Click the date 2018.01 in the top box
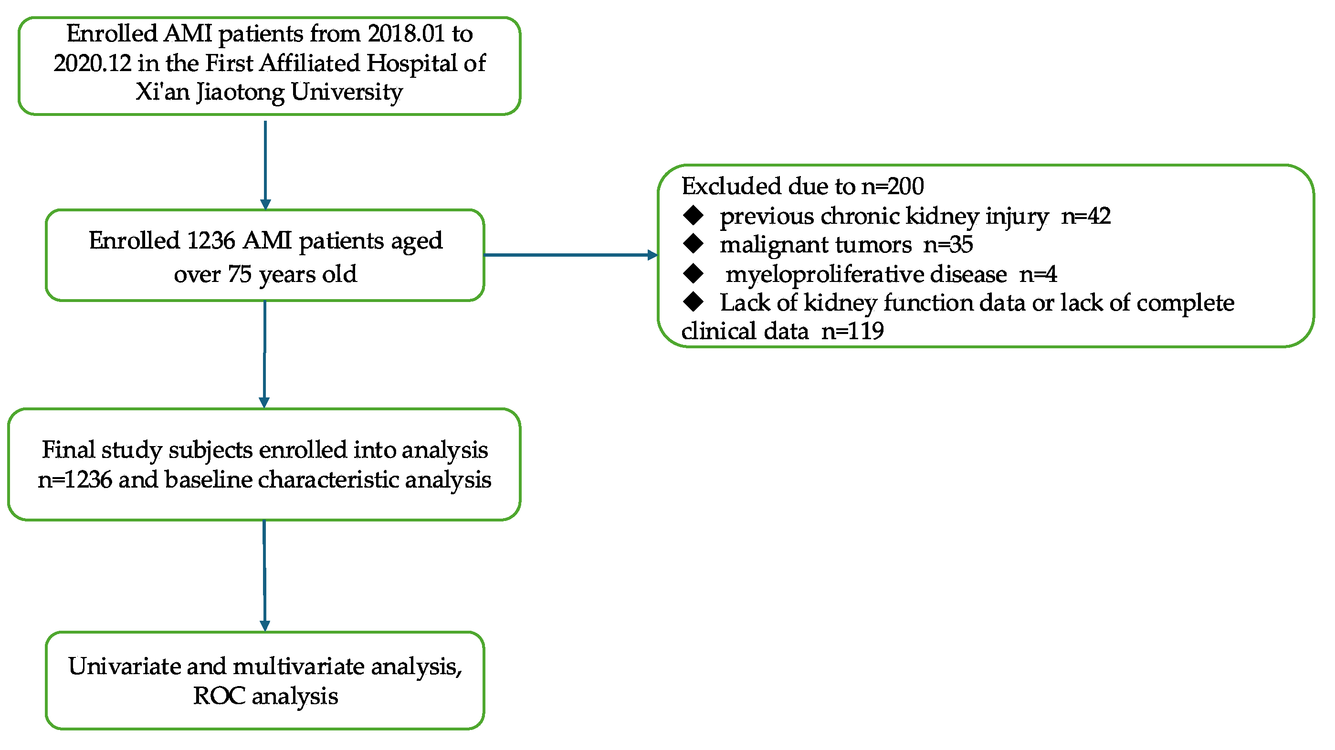[406, 34]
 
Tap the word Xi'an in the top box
[162, 92]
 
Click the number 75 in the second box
[240, 274]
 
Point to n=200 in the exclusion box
[893, 187]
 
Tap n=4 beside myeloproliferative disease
[1038, 274]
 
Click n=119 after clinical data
[852, 332]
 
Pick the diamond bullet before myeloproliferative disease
[694, 273]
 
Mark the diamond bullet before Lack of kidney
[694, 302]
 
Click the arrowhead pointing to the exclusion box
[652, 255]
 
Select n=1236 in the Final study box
[74, 480]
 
